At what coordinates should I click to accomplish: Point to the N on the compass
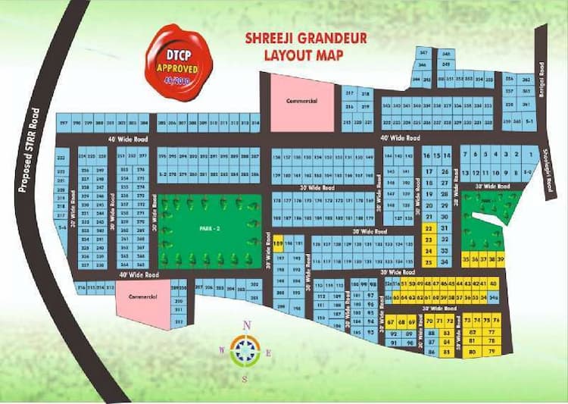[x=246, y=325]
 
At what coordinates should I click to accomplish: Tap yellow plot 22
[x=429, y=227]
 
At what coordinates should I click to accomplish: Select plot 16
[x=427, y=155]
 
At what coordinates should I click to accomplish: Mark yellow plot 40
[x=493, y=283]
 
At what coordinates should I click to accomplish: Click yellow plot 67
[x=392, y=323]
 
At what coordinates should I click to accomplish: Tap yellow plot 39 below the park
[x=499, y=258]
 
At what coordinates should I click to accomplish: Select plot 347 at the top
[x=423, y=52]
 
